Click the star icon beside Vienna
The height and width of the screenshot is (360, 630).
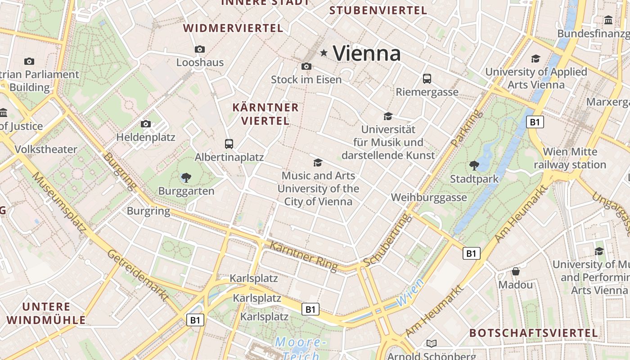[324, 53]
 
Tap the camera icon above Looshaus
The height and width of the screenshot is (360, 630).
[200, 49]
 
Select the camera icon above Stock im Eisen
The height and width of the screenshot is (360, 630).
[306, 67]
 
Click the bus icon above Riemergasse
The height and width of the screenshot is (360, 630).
[427, 79]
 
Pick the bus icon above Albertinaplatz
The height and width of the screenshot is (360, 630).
[229, 144]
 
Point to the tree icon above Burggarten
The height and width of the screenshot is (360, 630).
[186, 178]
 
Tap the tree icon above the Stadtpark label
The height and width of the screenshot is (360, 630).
[474, 165]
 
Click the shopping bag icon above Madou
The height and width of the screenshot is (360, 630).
[516, 271]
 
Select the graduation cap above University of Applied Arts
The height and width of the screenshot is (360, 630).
[535, 58]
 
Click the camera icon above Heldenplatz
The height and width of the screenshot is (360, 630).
[145, 124]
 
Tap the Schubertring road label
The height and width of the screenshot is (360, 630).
[388, 240]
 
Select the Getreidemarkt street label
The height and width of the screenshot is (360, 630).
[138, 275]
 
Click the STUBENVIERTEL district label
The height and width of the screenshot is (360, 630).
[378, 10]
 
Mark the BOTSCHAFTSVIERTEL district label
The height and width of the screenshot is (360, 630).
[534, 333]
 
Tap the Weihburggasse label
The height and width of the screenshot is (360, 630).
[429, 198]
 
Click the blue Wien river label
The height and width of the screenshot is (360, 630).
[410, 292]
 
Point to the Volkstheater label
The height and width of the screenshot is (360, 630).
[46, 149]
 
